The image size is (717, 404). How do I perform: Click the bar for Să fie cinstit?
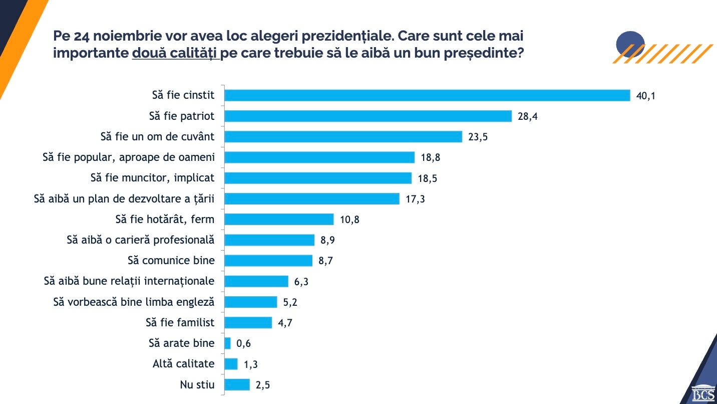[x=427, y=95]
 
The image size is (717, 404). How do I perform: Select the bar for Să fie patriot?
[x=368, y=116]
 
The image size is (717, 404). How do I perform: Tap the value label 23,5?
[x=478, y=137]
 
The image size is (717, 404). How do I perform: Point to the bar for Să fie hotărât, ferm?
[x=279, y=219]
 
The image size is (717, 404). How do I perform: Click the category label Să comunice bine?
[x=171, y=261]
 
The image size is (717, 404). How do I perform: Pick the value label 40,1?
[x=645, y=96]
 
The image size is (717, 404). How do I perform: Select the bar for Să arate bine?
[x=228, y=343]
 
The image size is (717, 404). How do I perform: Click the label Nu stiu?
[x=197, y=385]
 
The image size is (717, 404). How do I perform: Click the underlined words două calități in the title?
[x=176, y=54]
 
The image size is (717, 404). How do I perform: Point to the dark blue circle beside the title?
[x=630, y=44]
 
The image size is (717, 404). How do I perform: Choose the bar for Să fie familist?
[x=248, y=322]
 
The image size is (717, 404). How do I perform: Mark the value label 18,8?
[x=431, y=157]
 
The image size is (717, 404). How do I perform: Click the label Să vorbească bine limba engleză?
[x=134, y=302]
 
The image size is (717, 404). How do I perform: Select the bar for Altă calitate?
[x=231, y=364]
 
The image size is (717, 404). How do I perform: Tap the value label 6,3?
[x=301, y=282]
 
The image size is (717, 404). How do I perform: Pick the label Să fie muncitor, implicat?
[x=152, y=177]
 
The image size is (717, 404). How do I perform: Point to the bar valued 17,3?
[x=312, y=198]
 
